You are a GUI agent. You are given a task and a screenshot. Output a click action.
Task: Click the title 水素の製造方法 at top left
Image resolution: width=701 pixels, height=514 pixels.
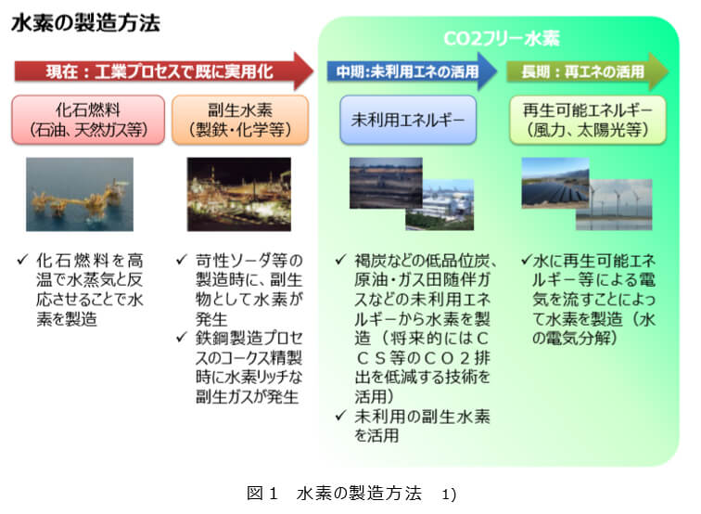(x=85, y=22)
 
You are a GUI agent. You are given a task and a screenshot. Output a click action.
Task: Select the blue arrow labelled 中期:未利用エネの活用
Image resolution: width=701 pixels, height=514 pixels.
(x=409, y=71)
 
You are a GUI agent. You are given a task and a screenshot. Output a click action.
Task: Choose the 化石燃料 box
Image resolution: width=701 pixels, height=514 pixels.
(x=89, y=119)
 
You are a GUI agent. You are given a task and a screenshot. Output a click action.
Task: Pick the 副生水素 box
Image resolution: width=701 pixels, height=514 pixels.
(x=240, y=119)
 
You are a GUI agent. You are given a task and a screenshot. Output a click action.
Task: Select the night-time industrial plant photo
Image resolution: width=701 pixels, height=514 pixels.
(x=239, y=194)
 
